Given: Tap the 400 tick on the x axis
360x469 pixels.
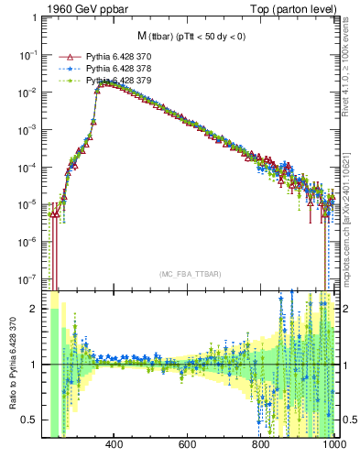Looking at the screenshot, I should [115, 445].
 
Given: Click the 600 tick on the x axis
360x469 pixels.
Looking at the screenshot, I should [188, 445].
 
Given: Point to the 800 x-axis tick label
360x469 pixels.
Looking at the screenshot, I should [261, 445].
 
